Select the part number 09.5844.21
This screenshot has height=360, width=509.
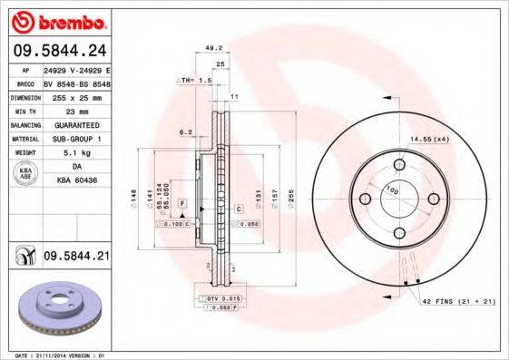pyautogui.click(x=76, y=258)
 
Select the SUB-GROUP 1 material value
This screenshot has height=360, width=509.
pyautogui.click(x=73, y=138)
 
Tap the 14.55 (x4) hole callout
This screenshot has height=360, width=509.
pyautogui.click(x=431, y=139)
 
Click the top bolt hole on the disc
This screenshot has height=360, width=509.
pyautogui.click(x=401, y=166)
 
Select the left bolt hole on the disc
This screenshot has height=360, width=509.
pyautogui.click(x=365, y=199)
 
